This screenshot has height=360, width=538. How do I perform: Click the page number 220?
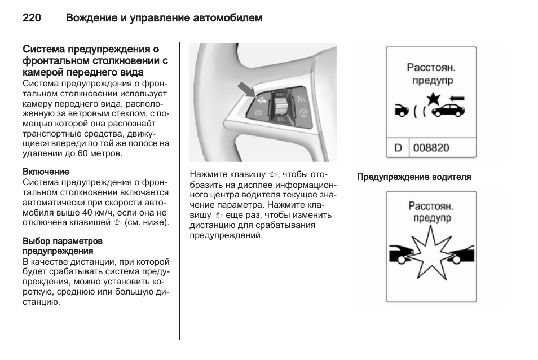(x=31, y=18)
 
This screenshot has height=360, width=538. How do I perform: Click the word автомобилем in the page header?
(x=228, y=18)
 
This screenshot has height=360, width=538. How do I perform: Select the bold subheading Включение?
(x=46, y=172)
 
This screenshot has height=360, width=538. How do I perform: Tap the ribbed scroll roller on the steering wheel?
(x=280, y=106)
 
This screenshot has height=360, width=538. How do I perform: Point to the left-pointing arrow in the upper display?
(x=456, y=98)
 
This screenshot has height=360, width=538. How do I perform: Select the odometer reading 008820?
(x=431, y=148)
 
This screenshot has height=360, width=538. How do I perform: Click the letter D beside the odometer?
(x=398, y=148)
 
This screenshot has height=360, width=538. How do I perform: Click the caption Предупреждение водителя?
(x=414, y=177)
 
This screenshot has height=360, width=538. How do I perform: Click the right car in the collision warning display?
(x=462, y=253)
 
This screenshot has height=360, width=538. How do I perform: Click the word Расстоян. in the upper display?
(x=431, y=68)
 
